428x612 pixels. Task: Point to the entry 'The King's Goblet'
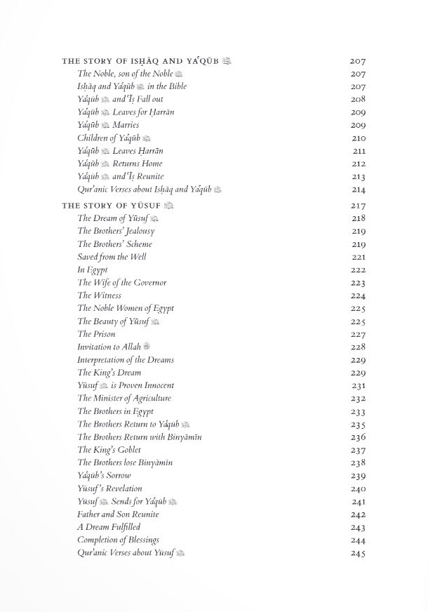pyautogui.click(x=109, y=450)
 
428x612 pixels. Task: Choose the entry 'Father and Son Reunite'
pyautogui.click(x=118, y=514)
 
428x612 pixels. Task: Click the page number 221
pyautogui.click(x=358, y=258)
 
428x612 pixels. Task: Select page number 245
pyautogui.click(x=358, y=554)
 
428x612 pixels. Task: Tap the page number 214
pyautogui.click(x=358, y=189)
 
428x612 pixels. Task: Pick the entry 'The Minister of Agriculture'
pyautogui.click(x=124, y=399)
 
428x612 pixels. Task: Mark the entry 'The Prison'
pyautogui.click(x=96, y=334)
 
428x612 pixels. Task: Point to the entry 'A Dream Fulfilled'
pyautogui.click(x=109, y=527)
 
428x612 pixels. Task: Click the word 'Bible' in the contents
pyautogui.click(x=176, y=86)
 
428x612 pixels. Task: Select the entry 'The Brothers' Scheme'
pyautogui.click(x=114, y=244)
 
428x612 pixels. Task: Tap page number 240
pyautogui.click(x=358, y=489)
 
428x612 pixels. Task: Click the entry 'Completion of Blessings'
pyautogui.click(x=118, y=540)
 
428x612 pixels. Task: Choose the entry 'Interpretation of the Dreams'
pyautogui.click(x=126, y=360)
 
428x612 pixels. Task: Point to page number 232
pyautogui.click(x=358, y=399)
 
